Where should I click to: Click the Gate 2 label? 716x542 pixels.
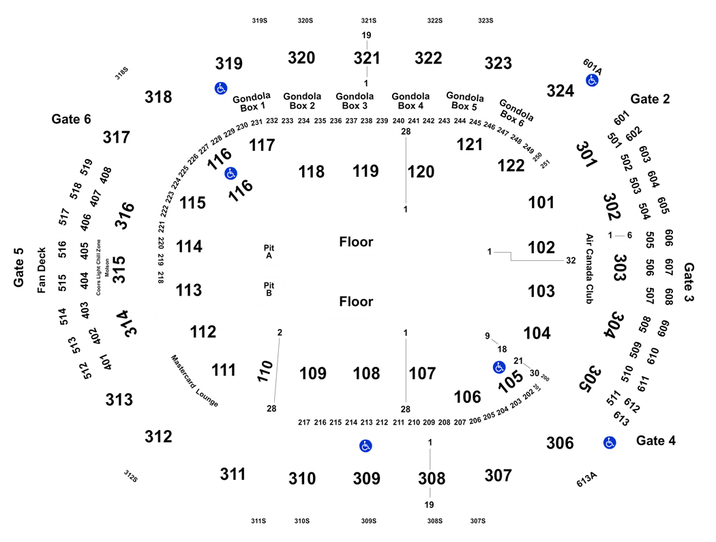coord(650,99)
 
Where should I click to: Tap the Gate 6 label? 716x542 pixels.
coord(71,119)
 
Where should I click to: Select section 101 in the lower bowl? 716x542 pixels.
coord(541,203)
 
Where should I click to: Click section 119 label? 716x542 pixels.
coord(366,171)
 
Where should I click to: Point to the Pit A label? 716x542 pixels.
coord(269,252)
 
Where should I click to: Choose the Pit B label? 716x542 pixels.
coord(269,289)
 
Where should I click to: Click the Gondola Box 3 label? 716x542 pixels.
coord(355,101)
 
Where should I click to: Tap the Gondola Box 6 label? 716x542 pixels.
coord(514,113)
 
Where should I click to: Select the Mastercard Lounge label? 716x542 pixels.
coord(194,381)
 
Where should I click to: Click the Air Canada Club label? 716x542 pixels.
coord(589,269)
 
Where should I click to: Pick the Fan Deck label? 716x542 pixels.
coord(42,270)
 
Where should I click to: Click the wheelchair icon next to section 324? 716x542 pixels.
coord(592,81)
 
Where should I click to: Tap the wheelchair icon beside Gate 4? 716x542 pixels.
coord(610,442)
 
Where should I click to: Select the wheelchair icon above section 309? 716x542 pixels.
coord(366,446)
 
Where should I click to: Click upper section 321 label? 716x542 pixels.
coord(367,58)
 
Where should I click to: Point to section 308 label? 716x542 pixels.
coord(432,479)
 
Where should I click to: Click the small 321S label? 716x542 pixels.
coord(368,20)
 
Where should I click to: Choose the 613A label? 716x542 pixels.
coord(586,479)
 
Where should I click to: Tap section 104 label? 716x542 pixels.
coord(537,333)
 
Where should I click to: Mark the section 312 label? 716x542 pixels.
coord(158,437)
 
